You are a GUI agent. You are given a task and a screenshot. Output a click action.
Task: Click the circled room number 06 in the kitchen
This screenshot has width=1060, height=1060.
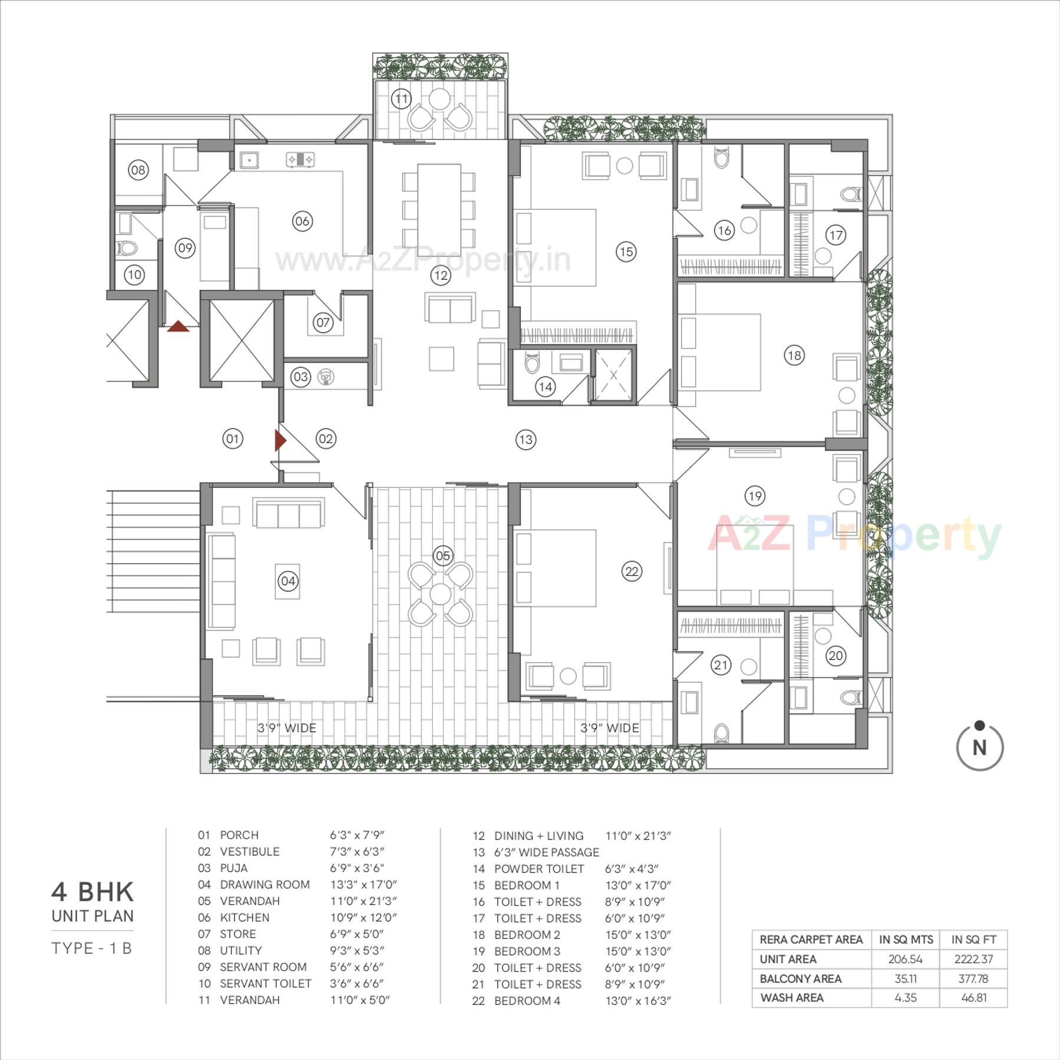302,221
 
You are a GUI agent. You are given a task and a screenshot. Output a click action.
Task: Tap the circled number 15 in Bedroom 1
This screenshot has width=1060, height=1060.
626,252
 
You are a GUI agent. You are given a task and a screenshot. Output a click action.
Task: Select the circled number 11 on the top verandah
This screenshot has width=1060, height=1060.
401,98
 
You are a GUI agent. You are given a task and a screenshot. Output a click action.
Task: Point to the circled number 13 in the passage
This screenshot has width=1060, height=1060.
526,440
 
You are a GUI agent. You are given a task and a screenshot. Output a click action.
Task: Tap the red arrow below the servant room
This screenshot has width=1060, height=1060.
178,326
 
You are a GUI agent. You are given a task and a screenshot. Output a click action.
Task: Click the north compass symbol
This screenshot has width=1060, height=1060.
979,747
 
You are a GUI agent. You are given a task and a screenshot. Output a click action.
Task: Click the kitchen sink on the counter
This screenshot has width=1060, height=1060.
249,160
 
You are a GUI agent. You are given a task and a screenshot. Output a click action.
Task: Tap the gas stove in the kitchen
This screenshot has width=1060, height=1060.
300,159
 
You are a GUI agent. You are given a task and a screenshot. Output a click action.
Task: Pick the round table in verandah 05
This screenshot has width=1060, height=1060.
441,595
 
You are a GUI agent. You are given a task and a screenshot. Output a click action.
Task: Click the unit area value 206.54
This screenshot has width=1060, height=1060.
905,959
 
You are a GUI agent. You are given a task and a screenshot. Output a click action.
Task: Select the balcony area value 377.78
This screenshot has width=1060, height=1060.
973,979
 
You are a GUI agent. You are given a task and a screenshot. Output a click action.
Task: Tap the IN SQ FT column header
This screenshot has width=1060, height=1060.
973,939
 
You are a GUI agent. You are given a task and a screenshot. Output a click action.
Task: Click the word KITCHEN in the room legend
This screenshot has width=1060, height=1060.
245,917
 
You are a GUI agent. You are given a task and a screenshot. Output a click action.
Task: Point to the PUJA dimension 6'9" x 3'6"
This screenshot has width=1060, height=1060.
356,868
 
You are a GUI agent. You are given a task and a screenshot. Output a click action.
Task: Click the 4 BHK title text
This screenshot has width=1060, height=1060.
93,892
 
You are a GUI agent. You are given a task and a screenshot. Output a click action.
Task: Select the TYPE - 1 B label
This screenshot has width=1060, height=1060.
92,948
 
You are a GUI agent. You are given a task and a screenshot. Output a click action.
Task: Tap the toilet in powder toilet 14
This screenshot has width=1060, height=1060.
532,363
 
